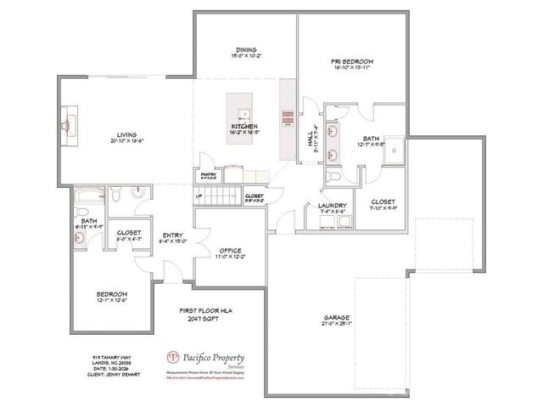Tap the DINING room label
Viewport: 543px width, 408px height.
(x=246, y=50)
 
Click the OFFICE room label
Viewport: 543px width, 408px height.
(x=230, y=251)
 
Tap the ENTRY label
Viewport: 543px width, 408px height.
(x=173, y=236)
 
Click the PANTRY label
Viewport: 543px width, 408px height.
(x=208, y=175)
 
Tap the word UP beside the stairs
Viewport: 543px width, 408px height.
(x=199, y=196)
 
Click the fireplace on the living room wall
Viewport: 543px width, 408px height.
(x=66, y=119)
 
